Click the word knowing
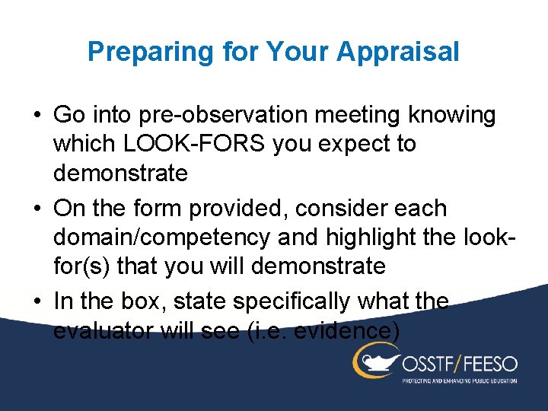pyautogui.click(x=453, y=116)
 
